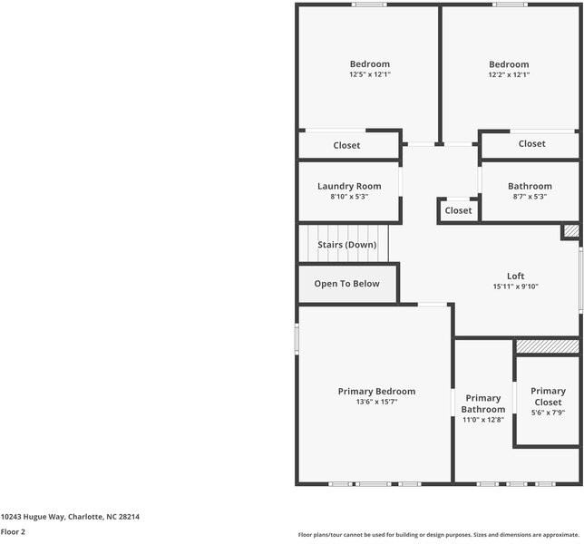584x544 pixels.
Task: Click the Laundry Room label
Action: [349, 186]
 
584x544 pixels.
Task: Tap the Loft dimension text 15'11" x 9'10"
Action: [515, 287]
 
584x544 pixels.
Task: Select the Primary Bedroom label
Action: [376, 392]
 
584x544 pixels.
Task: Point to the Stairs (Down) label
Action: [346, 245]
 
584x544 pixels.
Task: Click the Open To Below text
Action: [346, 284]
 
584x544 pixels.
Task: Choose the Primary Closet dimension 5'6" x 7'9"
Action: [548, 413]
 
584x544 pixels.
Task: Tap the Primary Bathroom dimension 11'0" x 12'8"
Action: [483, 420]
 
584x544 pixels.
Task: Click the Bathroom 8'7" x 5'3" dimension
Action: [530, 196]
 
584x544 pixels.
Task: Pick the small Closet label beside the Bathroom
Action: [458, 210]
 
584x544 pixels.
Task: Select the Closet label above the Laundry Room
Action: [346, 145]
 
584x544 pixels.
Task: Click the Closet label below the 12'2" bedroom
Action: [531, 144]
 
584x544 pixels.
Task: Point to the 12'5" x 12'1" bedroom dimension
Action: [369, 74]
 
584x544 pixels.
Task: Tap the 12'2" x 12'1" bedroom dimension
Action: [509, 74]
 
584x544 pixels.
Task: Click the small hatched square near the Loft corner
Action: [571, 231]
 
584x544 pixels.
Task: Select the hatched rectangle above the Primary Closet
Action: [548, 346]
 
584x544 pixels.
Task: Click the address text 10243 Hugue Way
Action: [33, 517]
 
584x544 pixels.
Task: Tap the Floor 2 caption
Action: [13, 531]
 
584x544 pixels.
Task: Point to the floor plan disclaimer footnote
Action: [439, 535]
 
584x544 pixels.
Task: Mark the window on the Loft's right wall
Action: [580, 279]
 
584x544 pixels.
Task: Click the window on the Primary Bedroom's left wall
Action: [297, 338]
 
